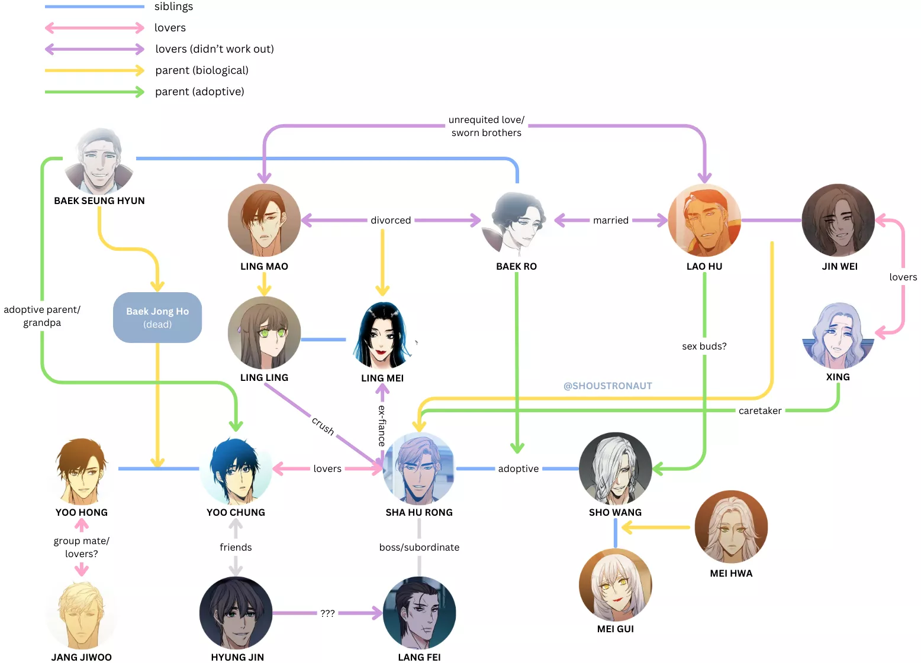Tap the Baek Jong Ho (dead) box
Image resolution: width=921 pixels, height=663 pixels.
click(157, 318)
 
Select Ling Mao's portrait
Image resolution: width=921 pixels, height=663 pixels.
click(264, 220)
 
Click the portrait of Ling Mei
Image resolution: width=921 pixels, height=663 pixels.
click(382, 335)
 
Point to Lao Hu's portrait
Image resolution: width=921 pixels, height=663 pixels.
click(704, 220)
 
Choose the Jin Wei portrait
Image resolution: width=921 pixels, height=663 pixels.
click(838, 220)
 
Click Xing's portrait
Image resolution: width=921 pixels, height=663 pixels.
click(838, 335)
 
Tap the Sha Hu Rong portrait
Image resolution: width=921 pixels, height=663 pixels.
click(419, 468)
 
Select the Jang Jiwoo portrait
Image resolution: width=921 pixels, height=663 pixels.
click(82, 615)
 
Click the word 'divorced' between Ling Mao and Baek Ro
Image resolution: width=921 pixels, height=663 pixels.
click(391, 220)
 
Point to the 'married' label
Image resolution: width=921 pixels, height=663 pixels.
click(611, 220)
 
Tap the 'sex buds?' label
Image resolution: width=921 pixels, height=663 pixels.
click(704, 346)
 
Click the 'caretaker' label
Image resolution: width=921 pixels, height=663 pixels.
click(760, 410)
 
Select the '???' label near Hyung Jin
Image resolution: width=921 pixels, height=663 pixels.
click(327, 613)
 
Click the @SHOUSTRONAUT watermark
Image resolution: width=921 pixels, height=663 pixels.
click(608, 386)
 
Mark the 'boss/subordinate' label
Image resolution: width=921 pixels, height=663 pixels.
click(419, 547)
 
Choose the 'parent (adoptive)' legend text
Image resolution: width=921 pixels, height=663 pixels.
click(199, 92)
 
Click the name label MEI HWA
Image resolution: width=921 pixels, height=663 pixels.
click(731, 573)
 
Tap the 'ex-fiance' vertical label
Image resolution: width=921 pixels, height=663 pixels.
click(382, 425)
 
